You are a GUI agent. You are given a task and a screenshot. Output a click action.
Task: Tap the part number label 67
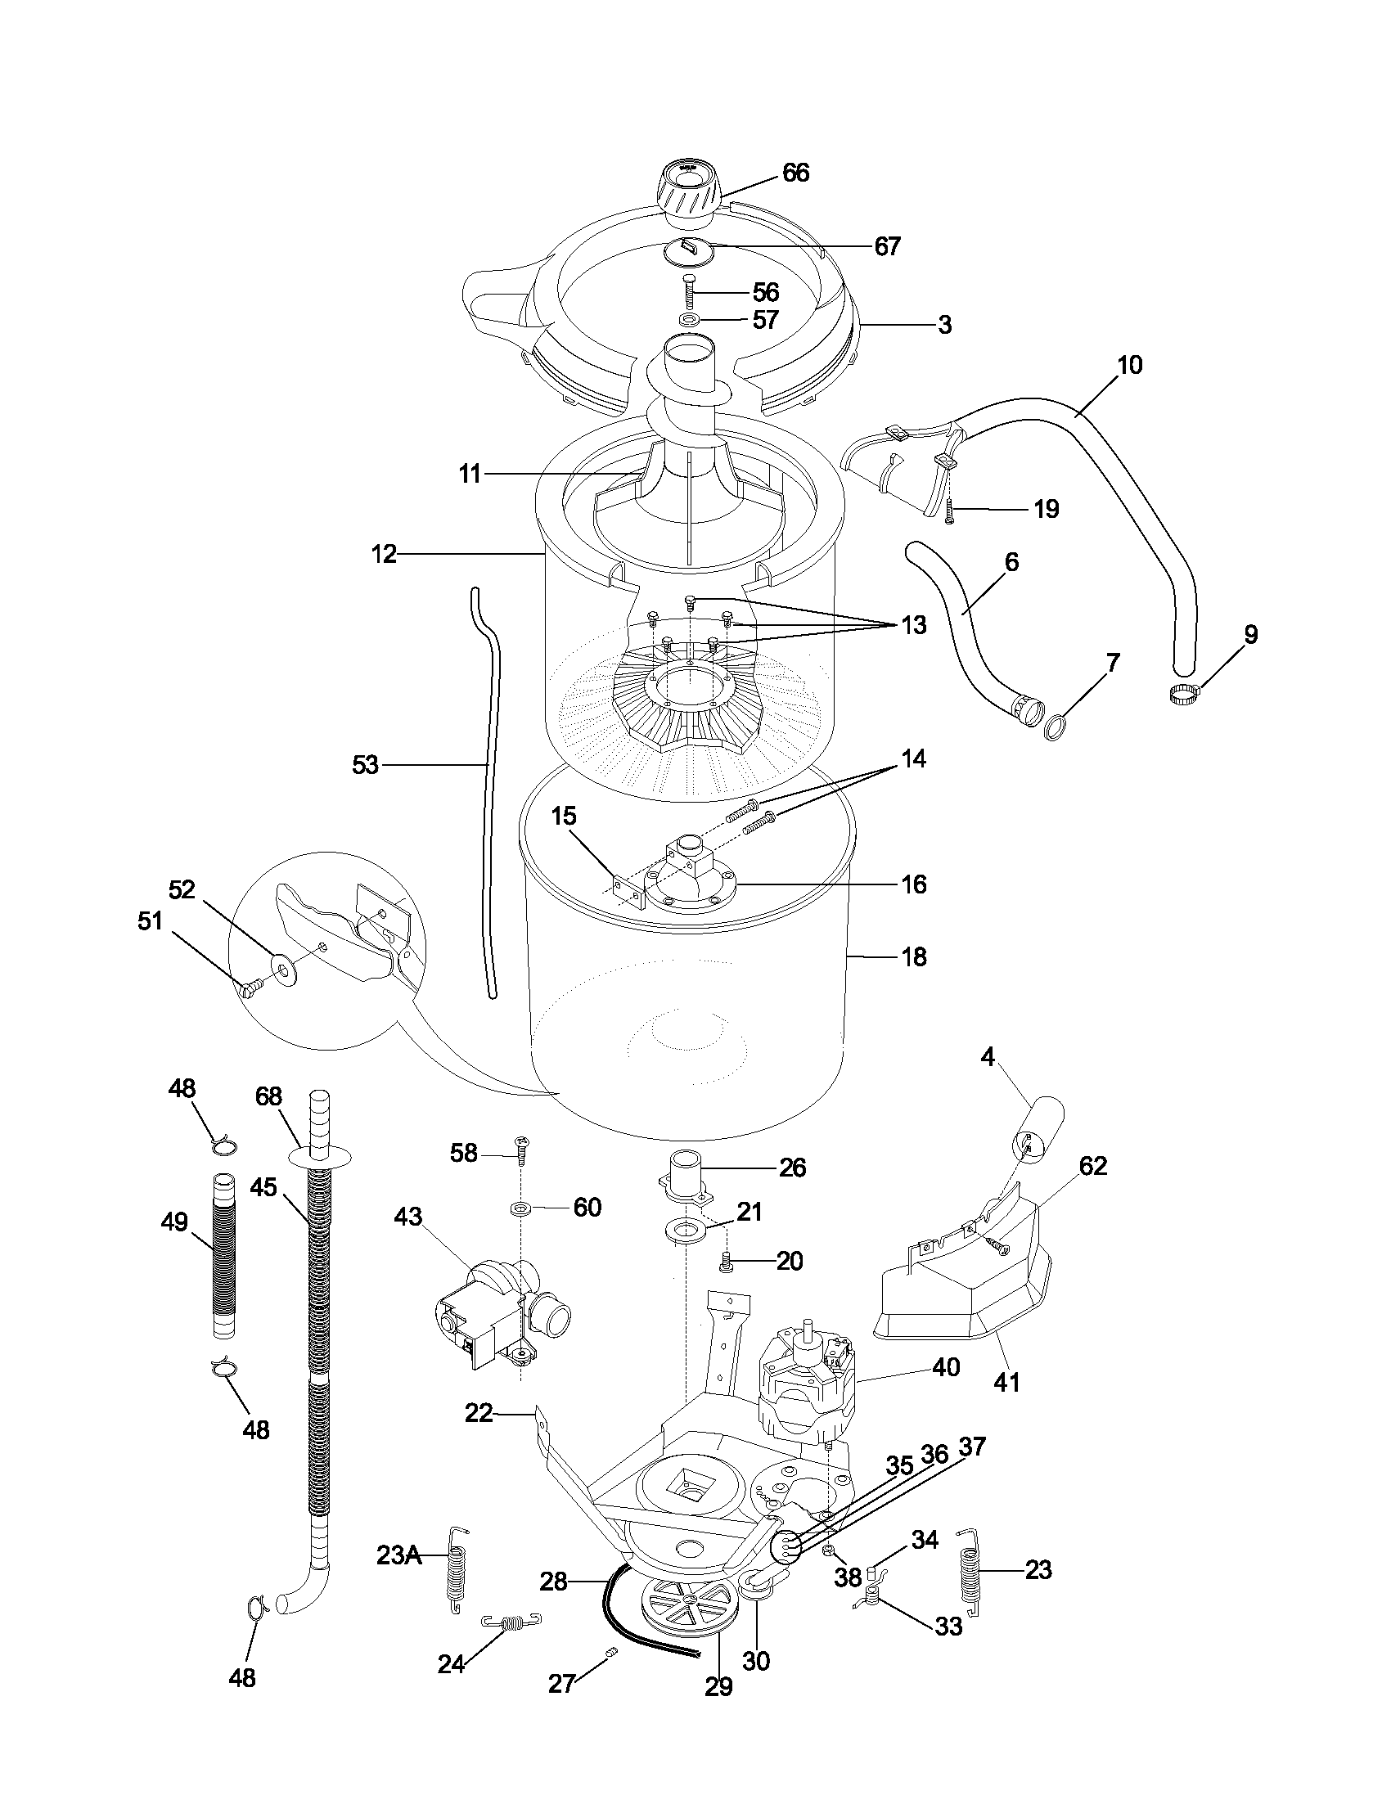pos(887,246)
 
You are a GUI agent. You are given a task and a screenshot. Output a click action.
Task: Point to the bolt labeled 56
pos(689,293)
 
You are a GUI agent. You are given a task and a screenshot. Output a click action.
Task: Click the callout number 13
pos(913,626)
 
